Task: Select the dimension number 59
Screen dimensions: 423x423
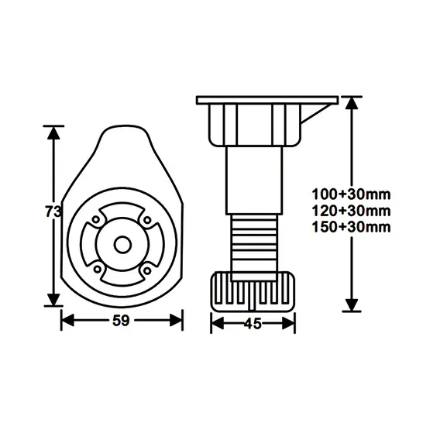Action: tap(122, 319)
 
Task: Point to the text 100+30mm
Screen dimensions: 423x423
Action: tap(350, 194)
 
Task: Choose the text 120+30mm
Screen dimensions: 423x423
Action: tap(350, 210)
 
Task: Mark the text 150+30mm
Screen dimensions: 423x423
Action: tap(350, 226)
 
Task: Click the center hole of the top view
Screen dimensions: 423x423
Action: tap(122, 243)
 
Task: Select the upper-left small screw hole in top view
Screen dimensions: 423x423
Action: tap(95, 221)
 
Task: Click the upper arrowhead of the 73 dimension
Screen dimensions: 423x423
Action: tap(53, 132)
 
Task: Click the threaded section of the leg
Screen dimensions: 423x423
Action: tap(253, 241)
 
